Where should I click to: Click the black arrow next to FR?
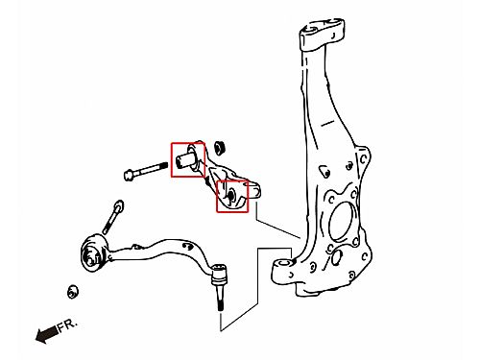coord(47,334)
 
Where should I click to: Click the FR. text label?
coord(67,325)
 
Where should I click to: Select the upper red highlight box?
coord(188,160)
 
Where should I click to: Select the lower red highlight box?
coord(232,196)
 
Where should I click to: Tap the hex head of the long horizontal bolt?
coord(129,175)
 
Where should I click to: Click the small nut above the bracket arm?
coord(220,147)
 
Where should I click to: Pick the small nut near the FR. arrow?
coord(73,291)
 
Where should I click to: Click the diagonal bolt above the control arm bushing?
coord(112,217)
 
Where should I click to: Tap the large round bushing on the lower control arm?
coord(92,252)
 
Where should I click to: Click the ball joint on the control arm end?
coord(219,275)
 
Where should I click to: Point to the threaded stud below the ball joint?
coord(220,299)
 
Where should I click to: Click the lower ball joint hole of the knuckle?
coord(284,264)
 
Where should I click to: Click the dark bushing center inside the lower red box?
coord(231,195)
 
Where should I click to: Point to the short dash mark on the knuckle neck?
coord(327,123)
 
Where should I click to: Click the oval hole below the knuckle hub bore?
coord(336,258)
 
